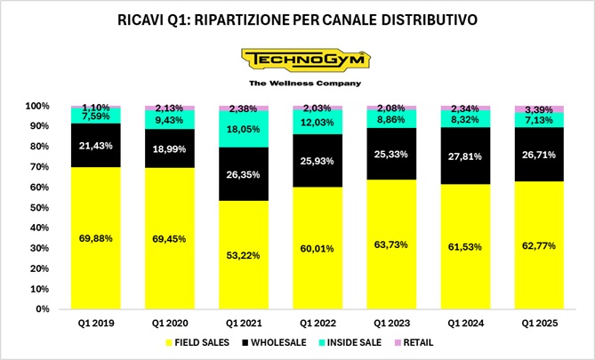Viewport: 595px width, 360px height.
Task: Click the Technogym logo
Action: coord(298,60)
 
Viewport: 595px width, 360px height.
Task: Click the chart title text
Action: coord(297,19)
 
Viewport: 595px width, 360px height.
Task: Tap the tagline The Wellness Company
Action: coord(298,84)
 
